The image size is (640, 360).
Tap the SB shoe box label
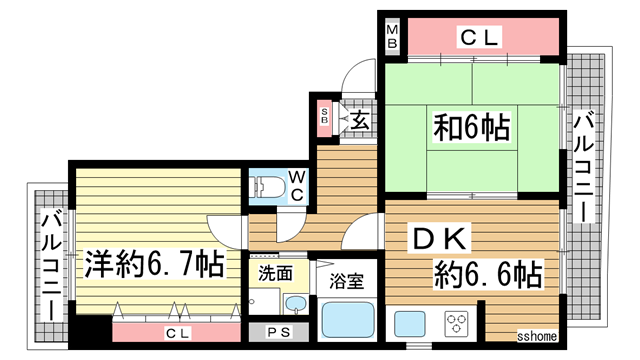tap(324, 118)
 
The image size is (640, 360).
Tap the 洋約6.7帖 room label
tap(153, 265)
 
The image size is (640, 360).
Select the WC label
tap(296, 186)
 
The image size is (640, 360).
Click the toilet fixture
tap(268, 186)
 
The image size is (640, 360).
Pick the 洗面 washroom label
tap(276, 272)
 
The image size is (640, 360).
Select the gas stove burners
tap(458, 323)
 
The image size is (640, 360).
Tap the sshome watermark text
tap(536, 338)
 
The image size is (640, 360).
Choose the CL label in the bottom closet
tap(176, 333)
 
